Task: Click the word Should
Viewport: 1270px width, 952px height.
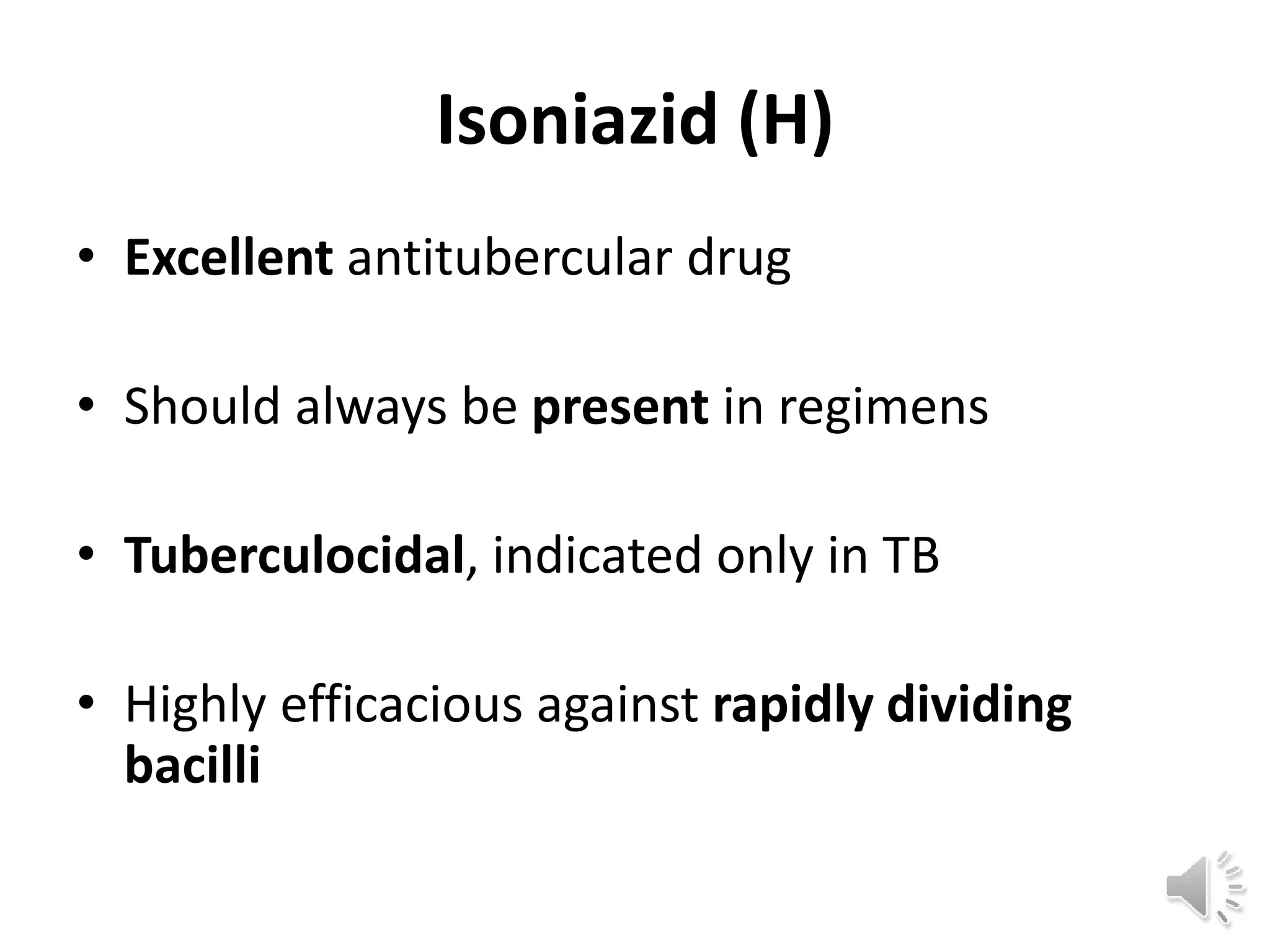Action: coord(202,407)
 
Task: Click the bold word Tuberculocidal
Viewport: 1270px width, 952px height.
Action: coord(295,555)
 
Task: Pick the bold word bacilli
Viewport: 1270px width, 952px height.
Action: coord(192,764)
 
